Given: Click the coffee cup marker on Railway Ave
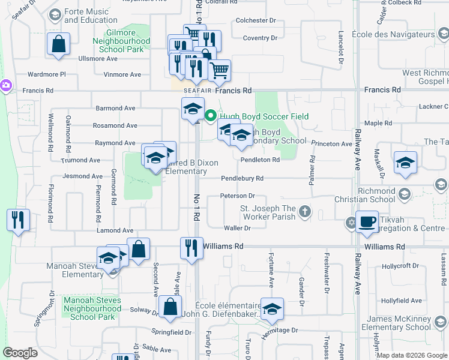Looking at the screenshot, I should coord(367,222).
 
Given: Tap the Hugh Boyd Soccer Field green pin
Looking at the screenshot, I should coord(211,116).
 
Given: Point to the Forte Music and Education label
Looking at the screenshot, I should coord(86,16).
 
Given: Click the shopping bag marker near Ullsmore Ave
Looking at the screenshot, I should coord(59,44).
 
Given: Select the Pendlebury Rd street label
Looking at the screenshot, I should coord(242,178).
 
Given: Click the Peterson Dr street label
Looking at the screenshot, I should coord(238,196).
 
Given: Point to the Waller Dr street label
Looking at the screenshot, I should coord(237,228).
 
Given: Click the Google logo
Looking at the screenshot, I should coord(20,353).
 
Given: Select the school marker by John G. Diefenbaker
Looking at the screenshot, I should coord(272,309).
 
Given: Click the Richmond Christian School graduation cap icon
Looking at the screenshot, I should coord(405,193).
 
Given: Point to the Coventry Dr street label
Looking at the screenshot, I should coord(260,38).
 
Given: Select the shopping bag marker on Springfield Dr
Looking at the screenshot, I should coord(170,307).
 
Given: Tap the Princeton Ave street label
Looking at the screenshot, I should coord(331,144).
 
